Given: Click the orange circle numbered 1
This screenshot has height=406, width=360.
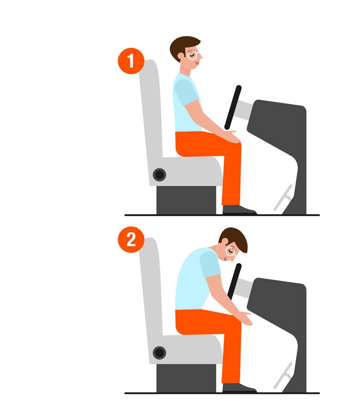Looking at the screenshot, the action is pos(131,61).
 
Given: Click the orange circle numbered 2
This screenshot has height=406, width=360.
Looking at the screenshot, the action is pos(131,240).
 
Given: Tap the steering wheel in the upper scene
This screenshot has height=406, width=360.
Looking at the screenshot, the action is pos(233,107).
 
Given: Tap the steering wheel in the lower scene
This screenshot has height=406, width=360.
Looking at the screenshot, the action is pos(234,282).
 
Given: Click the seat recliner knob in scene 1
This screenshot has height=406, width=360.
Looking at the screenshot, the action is pos(159,174).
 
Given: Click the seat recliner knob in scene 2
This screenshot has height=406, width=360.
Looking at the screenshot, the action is pos(159,353).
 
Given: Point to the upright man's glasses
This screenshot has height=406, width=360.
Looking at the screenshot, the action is pos(193,55).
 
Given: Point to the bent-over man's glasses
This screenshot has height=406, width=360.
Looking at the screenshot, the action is pos(230,251).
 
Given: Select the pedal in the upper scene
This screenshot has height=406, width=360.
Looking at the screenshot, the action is pos(283,197).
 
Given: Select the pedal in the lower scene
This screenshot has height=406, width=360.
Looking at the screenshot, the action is pos(283,375).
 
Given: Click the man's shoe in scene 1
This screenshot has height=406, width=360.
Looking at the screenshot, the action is pos(239,210).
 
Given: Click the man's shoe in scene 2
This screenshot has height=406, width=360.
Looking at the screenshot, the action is pos(239,388).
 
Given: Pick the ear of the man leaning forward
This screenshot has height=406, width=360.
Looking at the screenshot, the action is pos(225,242).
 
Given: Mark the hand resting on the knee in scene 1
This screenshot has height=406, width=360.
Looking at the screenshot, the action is pos(230,136).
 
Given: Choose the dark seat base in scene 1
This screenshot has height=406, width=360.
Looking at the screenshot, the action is pos(186,200).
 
